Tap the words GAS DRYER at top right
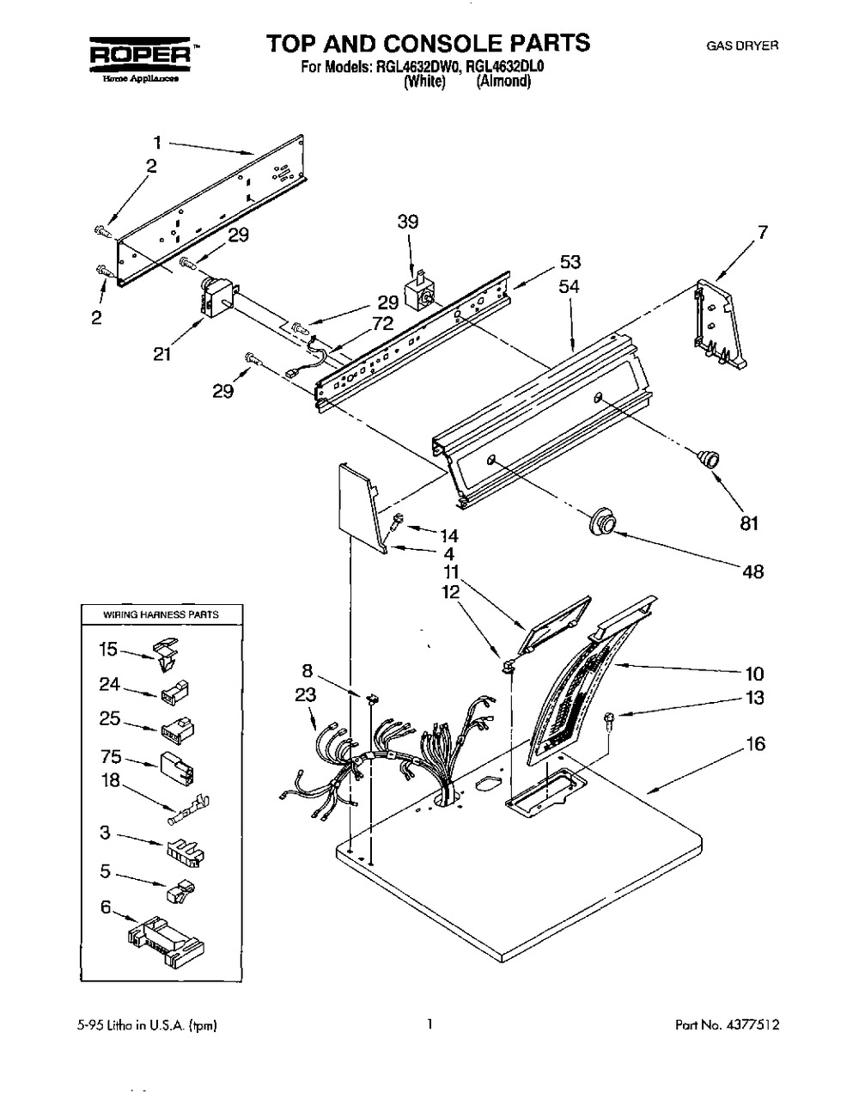point(742,46)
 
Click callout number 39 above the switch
point(407,222)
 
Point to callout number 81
point(749,522)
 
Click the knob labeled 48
point(604,522)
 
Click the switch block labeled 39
point(419,292)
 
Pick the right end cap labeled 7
point(719,323)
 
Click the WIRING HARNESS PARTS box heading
point(161,614)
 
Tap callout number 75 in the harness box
point(110,757)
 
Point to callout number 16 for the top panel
point(755,743)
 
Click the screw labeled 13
point(608,722)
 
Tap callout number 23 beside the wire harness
point(306,695)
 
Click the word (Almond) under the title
point(503,82)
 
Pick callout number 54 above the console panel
point(569,287)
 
